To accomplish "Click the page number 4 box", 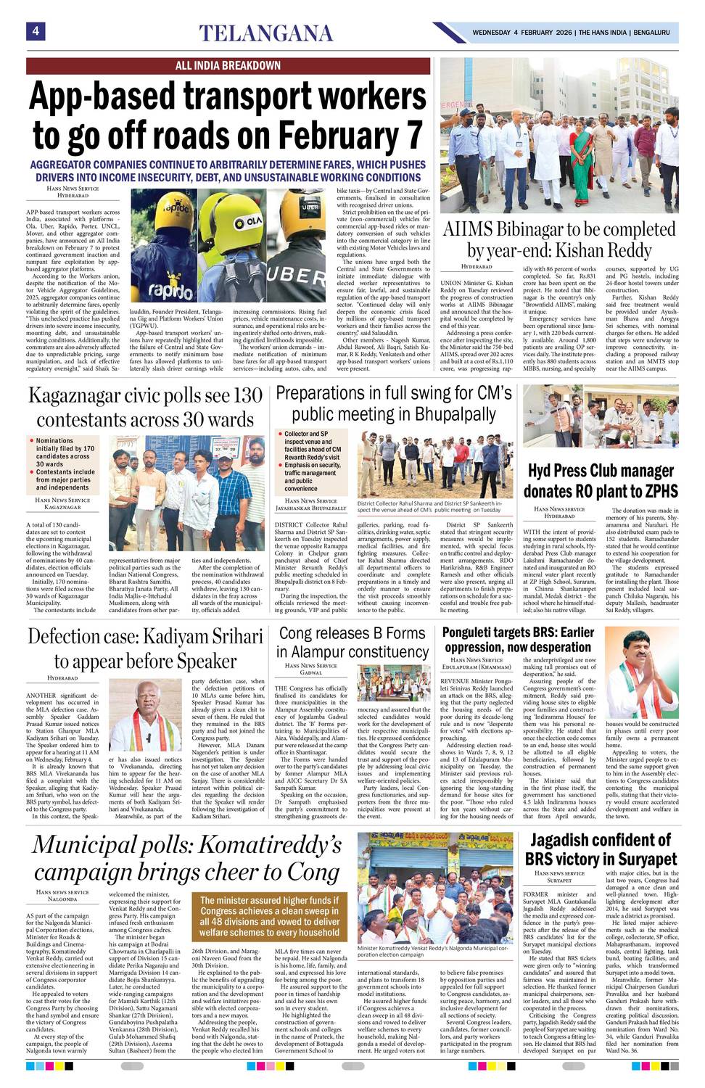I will pos(36,30).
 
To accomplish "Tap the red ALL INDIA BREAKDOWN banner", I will pos(228,65).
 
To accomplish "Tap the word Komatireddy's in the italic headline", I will pos(271,845).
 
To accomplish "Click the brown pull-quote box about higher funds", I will pos(270,916).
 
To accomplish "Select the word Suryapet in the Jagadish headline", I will pos(638,860).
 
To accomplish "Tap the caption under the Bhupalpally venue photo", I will pos(429,506).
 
